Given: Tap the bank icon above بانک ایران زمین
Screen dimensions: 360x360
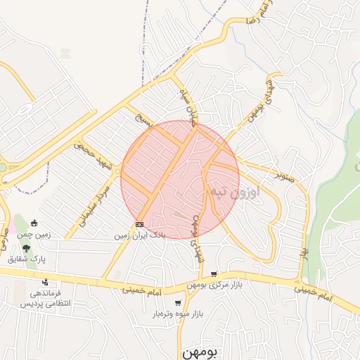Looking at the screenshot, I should [139, 226].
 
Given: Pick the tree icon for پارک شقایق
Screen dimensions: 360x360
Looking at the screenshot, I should [26, 248].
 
